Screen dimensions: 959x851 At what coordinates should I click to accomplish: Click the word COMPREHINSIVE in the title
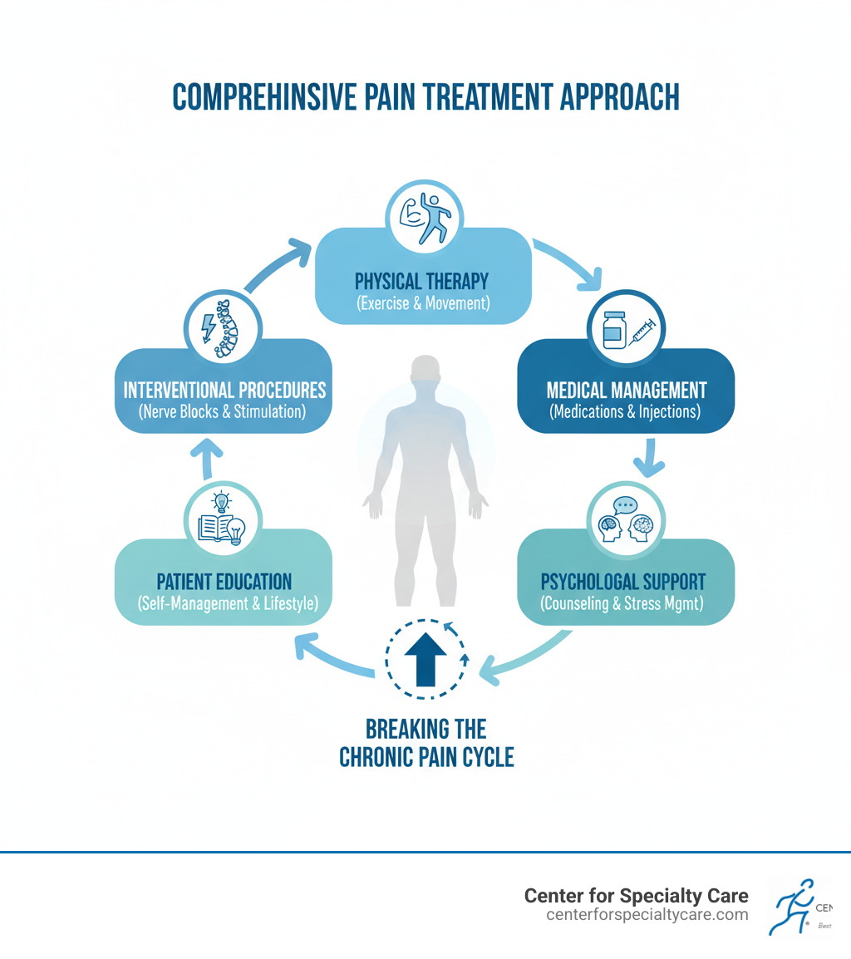click(274, 97)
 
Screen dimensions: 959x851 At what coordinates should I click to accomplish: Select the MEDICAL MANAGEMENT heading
click(627, 389)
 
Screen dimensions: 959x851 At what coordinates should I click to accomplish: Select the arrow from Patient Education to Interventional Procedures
click(210, 460)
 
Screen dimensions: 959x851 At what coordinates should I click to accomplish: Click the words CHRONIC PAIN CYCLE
click(426, 757)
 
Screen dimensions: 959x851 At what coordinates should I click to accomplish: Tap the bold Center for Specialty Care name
click(636, 896)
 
